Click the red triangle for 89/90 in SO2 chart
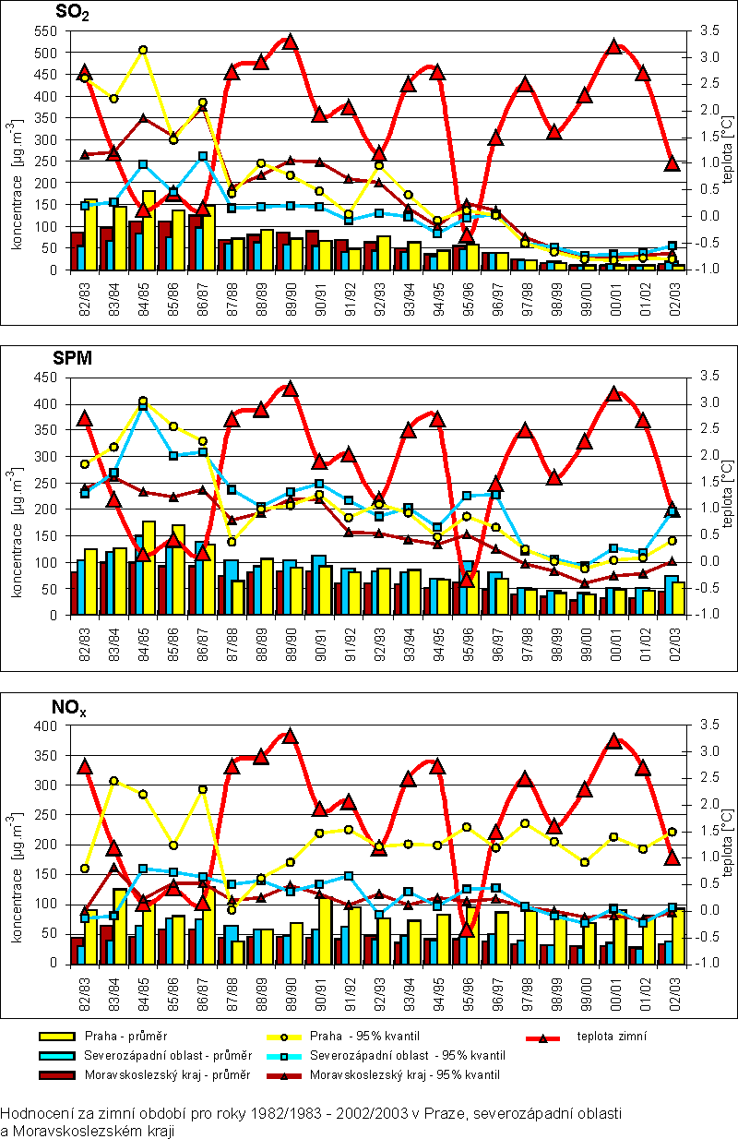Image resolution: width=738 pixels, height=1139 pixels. [291, 42]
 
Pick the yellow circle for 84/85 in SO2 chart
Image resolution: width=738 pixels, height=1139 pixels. [143, 50]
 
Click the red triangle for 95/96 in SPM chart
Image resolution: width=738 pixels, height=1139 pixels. [467, 579]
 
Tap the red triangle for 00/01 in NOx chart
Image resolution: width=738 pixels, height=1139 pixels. [613, 741]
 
